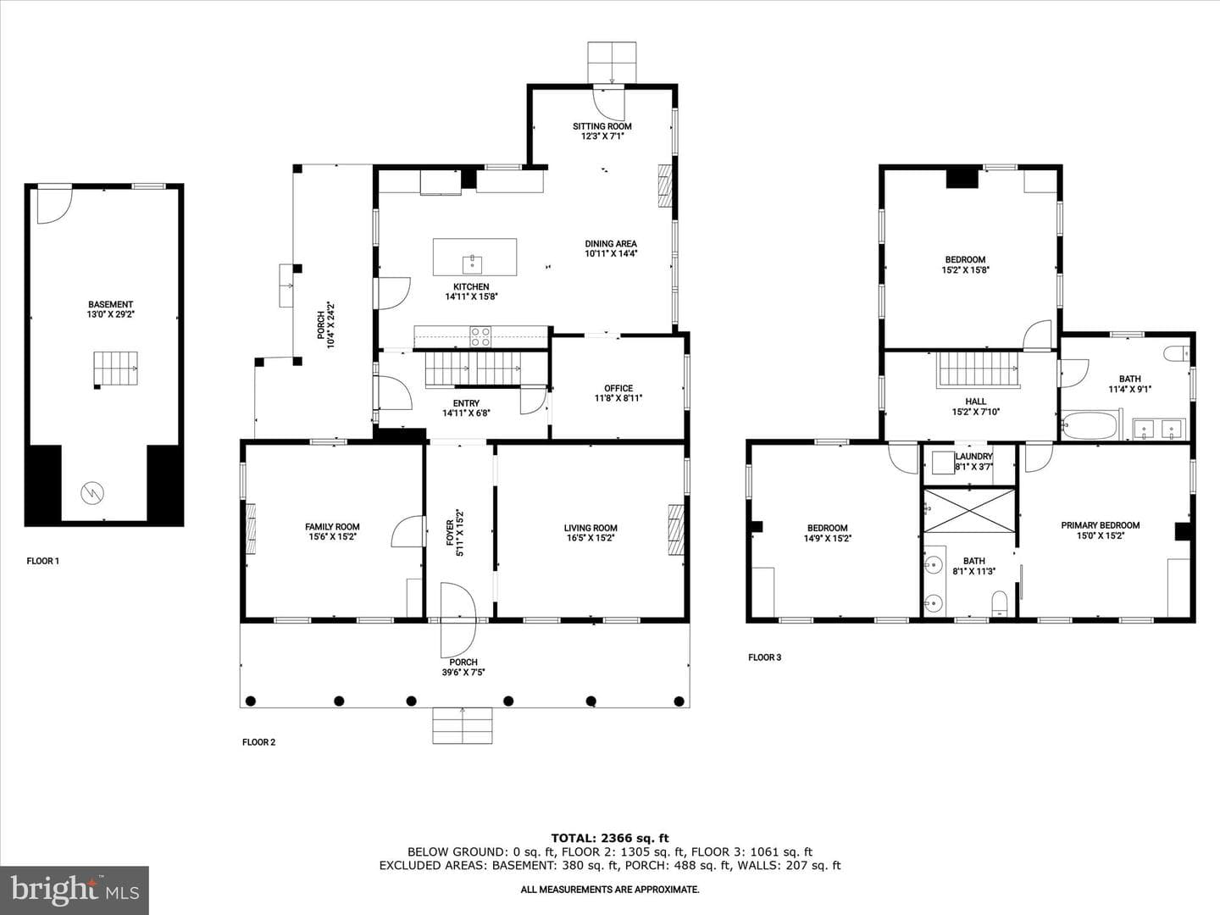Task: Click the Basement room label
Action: (110, 304)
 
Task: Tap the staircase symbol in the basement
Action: (115, 369)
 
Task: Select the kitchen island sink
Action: (473, 263)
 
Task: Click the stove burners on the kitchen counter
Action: (480, 336)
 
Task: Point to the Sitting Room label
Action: (602, 126)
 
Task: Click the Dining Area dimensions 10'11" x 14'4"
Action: (610, 254)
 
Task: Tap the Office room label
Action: (618, 388)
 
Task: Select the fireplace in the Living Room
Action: (675, 529)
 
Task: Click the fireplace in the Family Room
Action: (251, 529)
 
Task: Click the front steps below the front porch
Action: (463, 725)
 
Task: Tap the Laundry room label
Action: (973, 457)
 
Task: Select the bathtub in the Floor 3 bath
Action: (1089, 425)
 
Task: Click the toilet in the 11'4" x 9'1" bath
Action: (1177, 353)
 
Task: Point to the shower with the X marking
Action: (969, 511)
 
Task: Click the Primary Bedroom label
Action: (1100, 525)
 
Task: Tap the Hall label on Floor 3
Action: (975, 401)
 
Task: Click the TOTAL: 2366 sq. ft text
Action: (610, 839)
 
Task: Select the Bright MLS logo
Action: (75, 890)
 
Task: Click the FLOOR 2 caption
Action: (258, 742)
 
